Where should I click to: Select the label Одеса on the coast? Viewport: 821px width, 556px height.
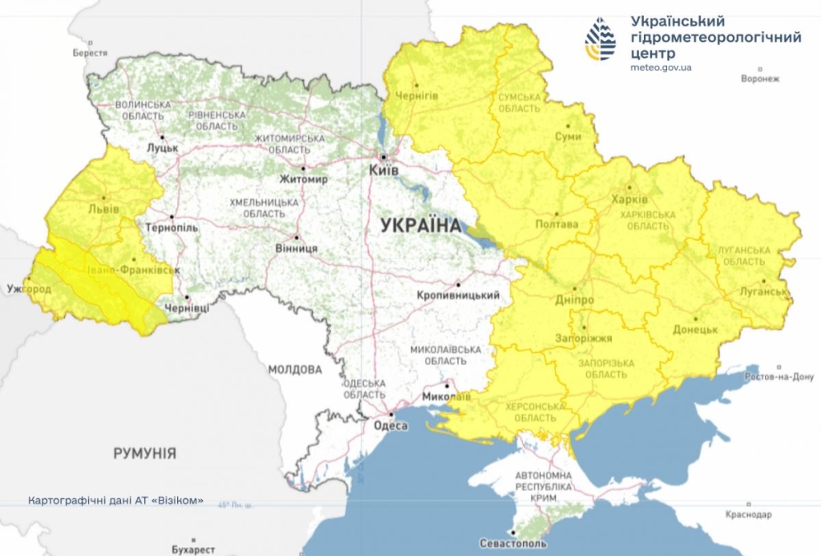point(390,426)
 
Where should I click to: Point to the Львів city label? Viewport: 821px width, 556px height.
point(103,209)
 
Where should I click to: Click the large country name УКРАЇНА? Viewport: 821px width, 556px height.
point(421,225)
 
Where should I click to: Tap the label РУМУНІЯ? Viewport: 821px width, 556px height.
point(144,453)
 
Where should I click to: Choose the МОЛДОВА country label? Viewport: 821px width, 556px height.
point(294,370)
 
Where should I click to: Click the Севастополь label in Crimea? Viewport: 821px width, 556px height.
point(513,543)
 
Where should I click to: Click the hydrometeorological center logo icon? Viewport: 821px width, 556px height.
point(601,39)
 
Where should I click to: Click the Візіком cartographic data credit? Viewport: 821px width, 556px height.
point(115,500)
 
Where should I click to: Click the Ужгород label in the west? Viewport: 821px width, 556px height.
point(29,288)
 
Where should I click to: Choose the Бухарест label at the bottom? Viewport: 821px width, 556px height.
point(193,550)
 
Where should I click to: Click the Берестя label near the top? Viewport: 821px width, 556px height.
point(90,52)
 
